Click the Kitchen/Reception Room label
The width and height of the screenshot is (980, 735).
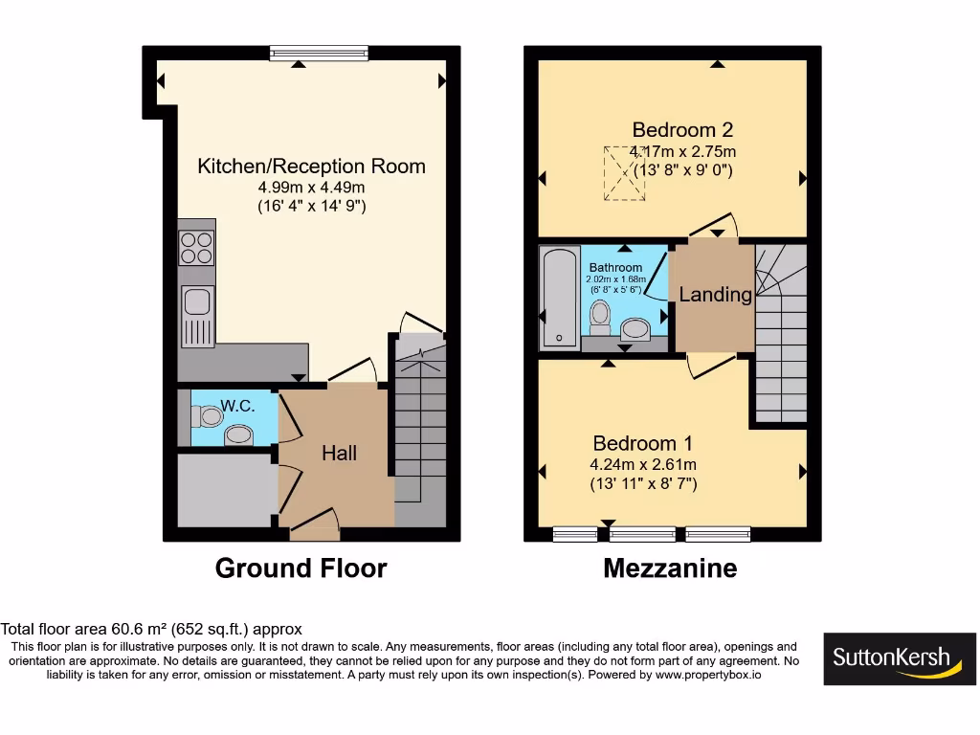pos(311,167)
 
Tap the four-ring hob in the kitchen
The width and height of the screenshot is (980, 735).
pos(197,249)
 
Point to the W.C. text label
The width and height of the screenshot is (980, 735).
pos(237,406)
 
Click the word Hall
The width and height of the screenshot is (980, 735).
pos(339,453)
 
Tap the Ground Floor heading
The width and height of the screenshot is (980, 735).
pos(301,568)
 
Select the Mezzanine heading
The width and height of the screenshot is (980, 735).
pos(670,568)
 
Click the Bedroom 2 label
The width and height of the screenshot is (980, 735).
pos(682,130)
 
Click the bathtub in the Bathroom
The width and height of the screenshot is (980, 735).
pos(557,298)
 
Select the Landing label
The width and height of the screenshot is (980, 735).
pos(715,295)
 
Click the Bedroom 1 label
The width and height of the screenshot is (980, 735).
pos(642,444)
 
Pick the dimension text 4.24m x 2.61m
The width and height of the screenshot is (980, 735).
pos(642,465)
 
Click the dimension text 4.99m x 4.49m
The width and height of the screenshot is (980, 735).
pos(311,188)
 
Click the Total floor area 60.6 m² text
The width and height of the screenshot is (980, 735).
pos(151,629)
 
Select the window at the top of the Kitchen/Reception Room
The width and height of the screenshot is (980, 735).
pos(320,54)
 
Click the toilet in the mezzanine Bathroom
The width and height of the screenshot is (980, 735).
pos(601,316)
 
